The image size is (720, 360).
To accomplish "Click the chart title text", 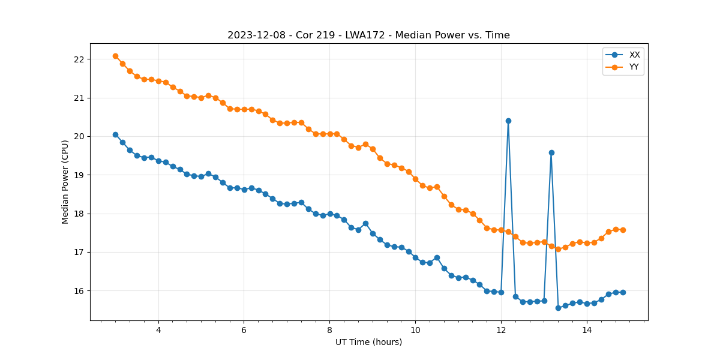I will click(368, 35).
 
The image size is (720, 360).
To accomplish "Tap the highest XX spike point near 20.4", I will click(508, 121).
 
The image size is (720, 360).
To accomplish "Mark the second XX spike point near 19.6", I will click(551, 152).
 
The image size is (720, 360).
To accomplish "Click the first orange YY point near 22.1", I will click(115, 56).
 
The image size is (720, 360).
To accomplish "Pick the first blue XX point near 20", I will click(115, 134).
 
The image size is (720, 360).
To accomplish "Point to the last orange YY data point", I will click(623, 230).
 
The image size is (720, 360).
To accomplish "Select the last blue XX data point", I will click(623, 292).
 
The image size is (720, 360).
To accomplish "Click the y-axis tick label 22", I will click(79, 59).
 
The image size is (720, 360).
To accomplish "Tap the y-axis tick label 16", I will click(79, 291).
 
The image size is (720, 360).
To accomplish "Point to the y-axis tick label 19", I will click(79, 175).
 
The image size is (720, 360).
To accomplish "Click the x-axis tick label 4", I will click(158, 330).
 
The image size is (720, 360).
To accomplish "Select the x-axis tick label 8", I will click(329, 330).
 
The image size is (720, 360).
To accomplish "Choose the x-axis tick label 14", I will click(587, 330).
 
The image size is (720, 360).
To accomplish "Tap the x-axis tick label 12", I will click(501, 330).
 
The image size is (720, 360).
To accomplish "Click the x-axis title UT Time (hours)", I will click(368, 342).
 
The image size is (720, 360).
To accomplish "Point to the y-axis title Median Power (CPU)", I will click(65, 182).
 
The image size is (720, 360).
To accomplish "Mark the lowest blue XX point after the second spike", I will click(558, 308).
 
